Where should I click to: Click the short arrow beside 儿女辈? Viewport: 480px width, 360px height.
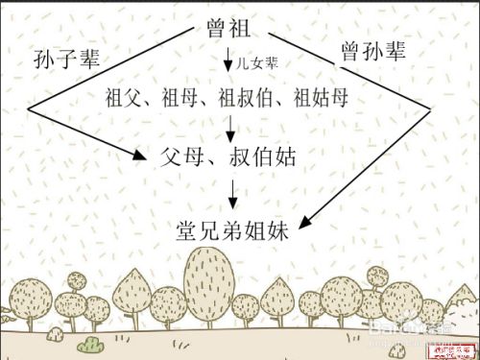pos(228,62)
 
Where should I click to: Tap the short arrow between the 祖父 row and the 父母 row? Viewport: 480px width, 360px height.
pos(231,126)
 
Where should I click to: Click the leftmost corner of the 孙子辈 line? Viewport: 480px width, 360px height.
pos(28,110)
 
